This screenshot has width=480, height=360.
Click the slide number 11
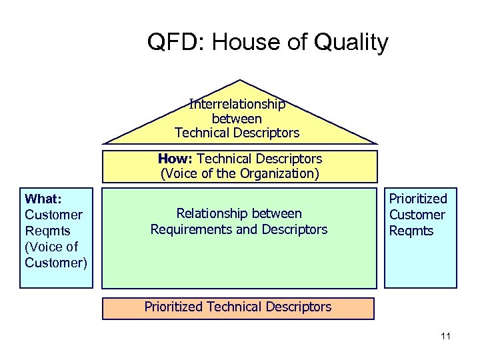point(445,336)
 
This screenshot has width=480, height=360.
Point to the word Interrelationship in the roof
point(237,104)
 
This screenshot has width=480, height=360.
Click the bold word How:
point(176,159)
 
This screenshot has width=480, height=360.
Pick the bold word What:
point(43,199)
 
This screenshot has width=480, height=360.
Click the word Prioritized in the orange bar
point(175,307)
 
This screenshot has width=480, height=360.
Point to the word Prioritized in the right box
point(418,199)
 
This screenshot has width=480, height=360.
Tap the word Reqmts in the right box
point(411,231)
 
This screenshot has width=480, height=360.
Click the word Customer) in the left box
point(56,263)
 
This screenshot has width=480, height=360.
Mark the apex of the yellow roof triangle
point(239,81)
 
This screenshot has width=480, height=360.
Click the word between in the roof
point(237,119)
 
